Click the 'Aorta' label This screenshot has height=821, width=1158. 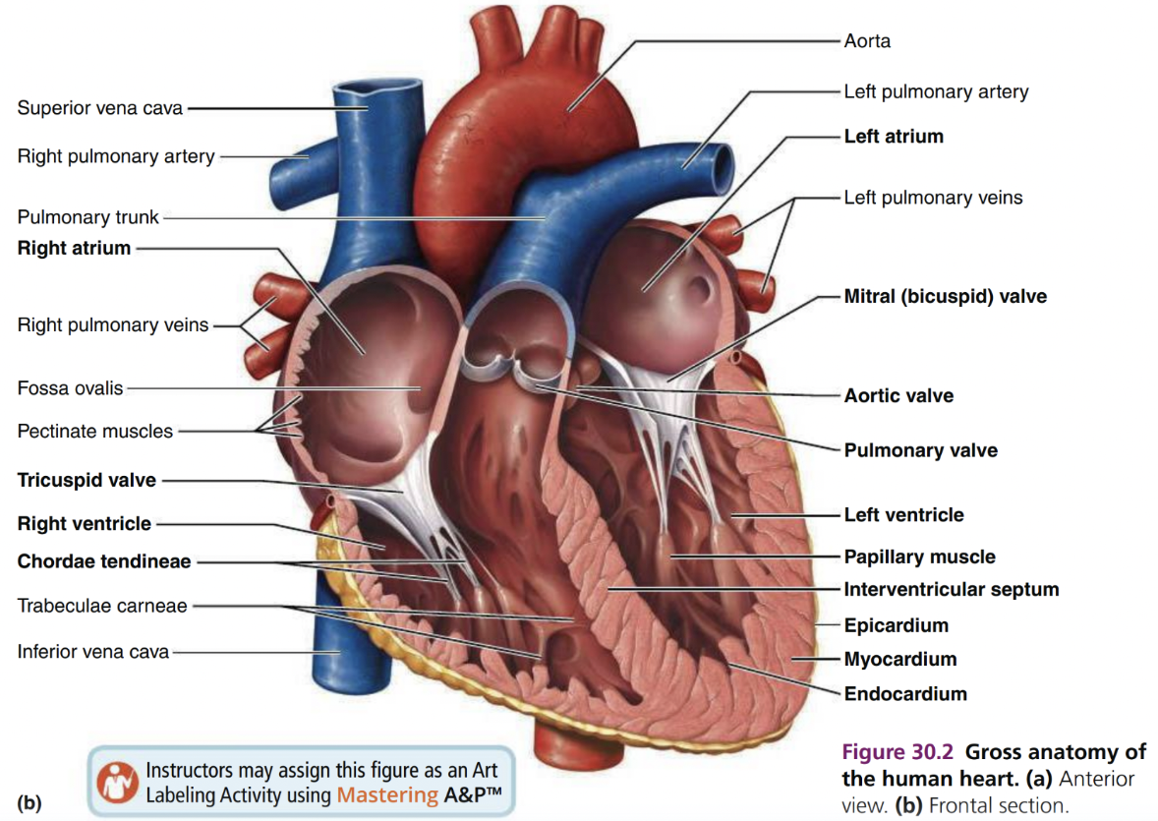click(867, 41)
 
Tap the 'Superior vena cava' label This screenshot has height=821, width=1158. click(99, 108)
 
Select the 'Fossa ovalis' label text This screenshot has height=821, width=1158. click(70, 388)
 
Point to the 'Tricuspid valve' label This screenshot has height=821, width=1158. click(87, 481)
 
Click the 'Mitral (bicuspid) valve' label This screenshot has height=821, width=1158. click(945, 296)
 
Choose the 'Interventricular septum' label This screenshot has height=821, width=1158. click(951, 590)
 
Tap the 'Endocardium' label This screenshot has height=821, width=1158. click(904, 694)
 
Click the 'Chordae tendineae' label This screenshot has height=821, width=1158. click(104, 562)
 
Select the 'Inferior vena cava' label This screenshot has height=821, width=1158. click(92, 651)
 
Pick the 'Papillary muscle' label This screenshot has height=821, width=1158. click(919, 557)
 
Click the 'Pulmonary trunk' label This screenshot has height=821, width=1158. click(87, 217)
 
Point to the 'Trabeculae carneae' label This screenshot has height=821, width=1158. click(101, 606)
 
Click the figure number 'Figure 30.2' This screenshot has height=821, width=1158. click(898, 753)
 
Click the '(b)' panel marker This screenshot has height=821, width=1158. click(29, 801)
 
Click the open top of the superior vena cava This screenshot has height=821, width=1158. click(363, 97)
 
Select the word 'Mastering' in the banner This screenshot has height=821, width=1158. click(386, 794)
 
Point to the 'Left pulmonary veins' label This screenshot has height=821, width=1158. click(932, 198)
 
